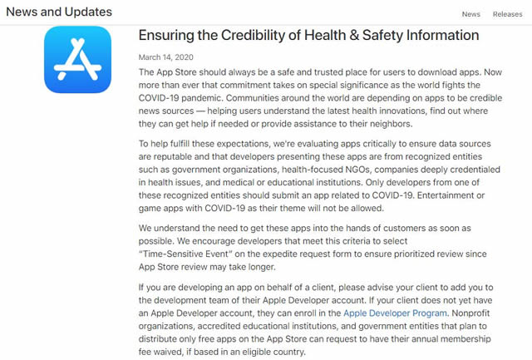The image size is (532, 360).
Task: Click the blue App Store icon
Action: [x=77, y=60]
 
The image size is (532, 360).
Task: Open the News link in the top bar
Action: [x=470, y=13]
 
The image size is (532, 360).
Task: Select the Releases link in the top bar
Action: [x=507, y=13]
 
